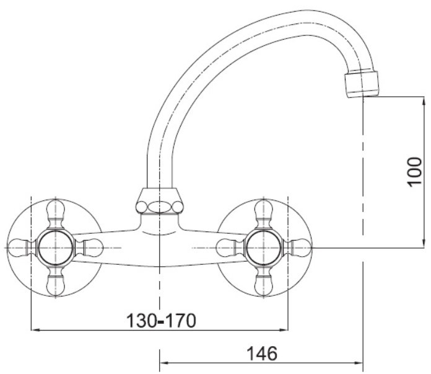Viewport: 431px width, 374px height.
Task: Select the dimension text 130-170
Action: pos(162,321)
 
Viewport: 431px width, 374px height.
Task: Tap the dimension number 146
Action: pos(261,354)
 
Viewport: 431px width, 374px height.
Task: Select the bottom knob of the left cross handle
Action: pos(56,282)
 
